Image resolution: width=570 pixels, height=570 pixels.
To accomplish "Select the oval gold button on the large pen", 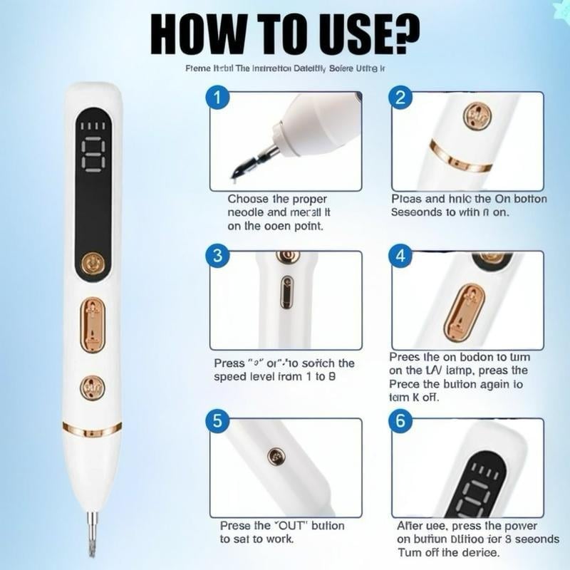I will tap(93, 324).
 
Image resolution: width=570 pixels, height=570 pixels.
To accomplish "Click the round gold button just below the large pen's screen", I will tap(92, 264).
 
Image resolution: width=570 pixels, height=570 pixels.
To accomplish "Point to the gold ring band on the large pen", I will tap(92, 428).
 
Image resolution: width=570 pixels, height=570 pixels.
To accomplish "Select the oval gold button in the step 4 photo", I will tap(464, 311).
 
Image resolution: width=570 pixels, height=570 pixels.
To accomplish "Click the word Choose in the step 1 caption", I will tap(248, 199).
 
